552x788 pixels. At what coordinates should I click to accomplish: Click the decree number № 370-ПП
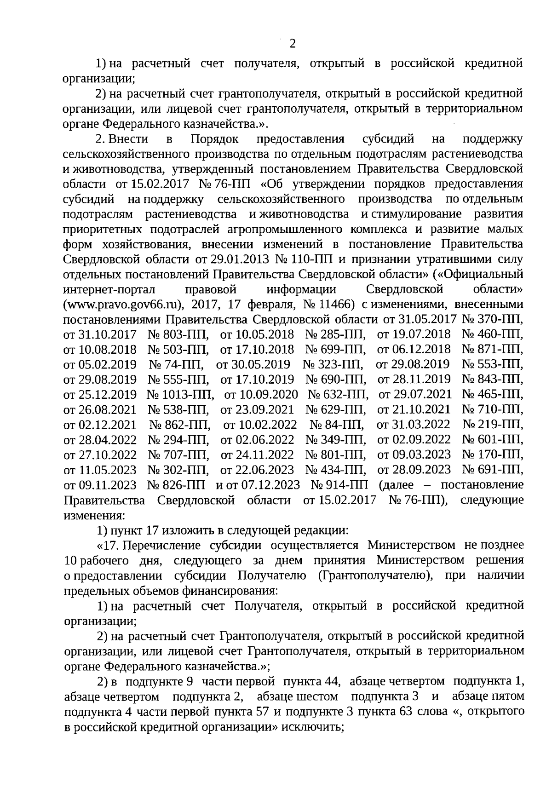point(492,319)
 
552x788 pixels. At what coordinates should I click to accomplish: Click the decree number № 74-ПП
point(176,364)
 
